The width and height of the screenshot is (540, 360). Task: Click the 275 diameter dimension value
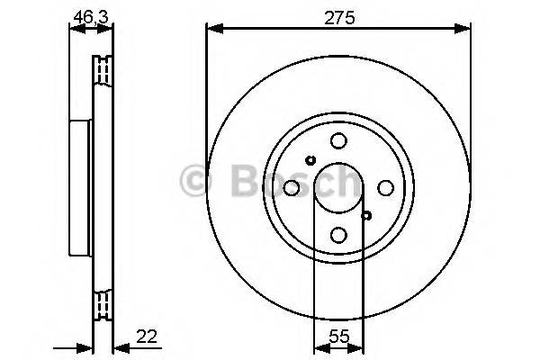338,17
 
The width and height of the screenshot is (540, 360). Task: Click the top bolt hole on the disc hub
338,140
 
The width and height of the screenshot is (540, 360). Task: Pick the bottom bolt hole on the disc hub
338,235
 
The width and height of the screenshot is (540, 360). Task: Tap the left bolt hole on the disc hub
292,187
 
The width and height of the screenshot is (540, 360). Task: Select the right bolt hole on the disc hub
385,187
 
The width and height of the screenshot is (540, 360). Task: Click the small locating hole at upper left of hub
310,160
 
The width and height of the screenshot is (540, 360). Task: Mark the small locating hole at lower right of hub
366,214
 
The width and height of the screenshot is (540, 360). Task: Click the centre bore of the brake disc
338,187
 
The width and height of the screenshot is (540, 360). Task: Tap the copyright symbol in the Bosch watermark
193,181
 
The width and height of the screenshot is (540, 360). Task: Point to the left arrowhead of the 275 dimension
212,29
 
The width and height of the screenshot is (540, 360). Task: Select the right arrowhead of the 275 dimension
464,29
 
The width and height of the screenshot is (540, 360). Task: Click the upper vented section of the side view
104,69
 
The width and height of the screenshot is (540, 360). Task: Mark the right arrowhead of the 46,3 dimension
109,29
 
